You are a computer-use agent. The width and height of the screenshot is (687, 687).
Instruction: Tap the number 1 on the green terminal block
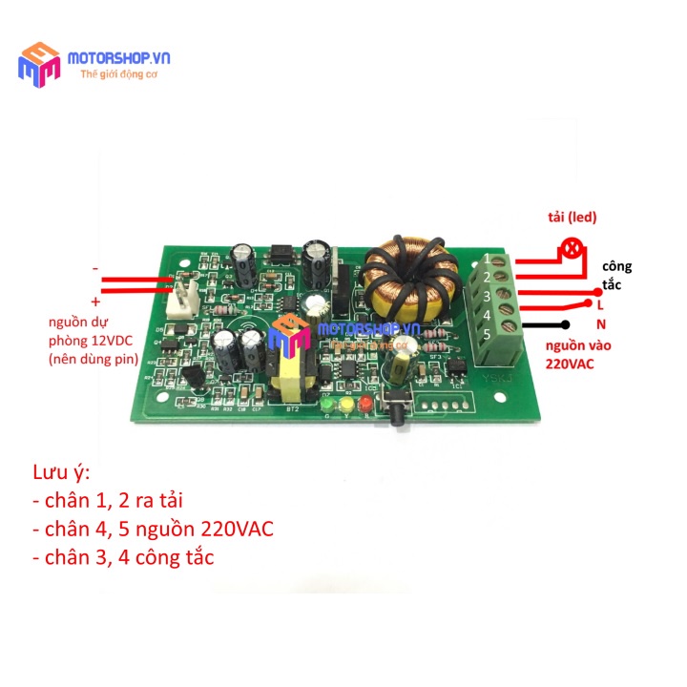tap(488, 259)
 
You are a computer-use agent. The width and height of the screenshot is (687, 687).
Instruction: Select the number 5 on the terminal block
tap(489, 334)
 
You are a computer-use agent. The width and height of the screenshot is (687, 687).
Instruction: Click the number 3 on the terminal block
tap(487, 297)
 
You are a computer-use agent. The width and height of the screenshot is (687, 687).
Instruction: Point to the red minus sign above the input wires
tap(95, 269)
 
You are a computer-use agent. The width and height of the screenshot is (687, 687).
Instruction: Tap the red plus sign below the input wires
tap(95, 300)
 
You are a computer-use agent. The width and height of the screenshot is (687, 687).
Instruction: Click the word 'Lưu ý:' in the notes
tap(61, 473)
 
